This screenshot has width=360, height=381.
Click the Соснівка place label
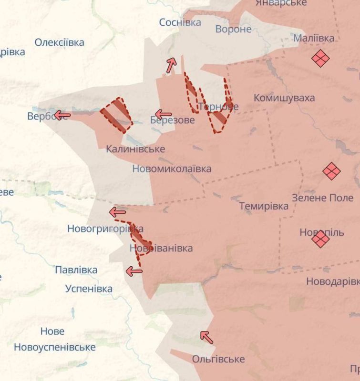(x=180, y=22)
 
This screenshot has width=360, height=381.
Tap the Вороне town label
(x=233, y=29)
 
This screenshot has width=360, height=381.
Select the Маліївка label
(x=314, y=38)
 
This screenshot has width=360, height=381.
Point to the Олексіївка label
(x=59, y=42)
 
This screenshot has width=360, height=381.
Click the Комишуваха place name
(x=284, y=98)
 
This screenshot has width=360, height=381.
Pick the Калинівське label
(x=135, y=149)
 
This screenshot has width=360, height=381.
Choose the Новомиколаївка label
(x=172, y=169)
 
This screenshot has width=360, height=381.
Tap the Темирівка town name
(x=264, y=206)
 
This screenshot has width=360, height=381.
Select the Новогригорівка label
(x=105, y=229)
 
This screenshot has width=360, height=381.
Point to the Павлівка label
(x=76, y=270)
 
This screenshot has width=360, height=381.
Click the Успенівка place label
(x=89, y=289)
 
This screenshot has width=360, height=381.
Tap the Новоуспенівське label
(x=54, y=347)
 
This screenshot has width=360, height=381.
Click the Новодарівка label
(x=332, y=281)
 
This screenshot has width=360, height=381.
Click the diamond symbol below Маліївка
(x=320, y=59)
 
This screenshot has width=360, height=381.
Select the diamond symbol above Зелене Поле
(x=331, y=171)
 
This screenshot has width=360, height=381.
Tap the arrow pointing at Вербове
(x=62, y=115)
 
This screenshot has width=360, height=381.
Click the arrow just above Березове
(x=163, y=114)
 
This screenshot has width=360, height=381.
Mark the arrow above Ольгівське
(x=206, y=337)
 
